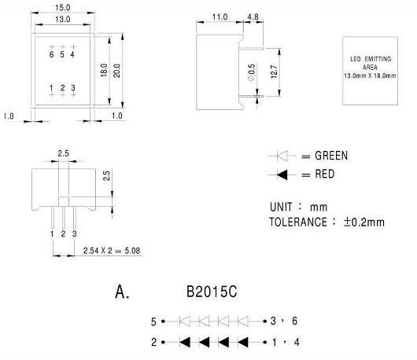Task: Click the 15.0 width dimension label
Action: pyautogui.click(x=62, y=8)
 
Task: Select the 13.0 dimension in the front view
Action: pyautogui.click(x=62, y=20)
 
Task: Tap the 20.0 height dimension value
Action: pyautogui.click(x=116, y=71)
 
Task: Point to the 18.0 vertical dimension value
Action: pyautogui.click(x=104, y=70)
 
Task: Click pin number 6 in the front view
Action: pyautogui.click(x=52, y=54)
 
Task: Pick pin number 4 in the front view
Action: pyautogui.click(x=72, y=54)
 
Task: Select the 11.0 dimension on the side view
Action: pyautogui.click(x=220, y=17)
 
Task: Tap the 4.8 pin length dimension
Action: pyautogui.click(x=253, y=17)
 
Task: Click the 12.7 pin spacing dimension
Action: pyautogui.click(x=274, y=72)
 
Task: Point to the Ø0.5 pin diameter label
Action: pyautogui.click(x=251, y=72)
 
